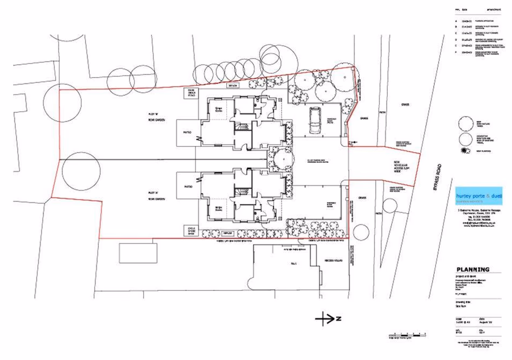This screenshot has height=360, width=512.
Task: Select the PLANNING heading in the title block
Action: pos(473,269)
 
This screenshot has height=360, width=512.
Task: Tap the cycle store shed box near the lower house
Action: pos(192,229)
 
